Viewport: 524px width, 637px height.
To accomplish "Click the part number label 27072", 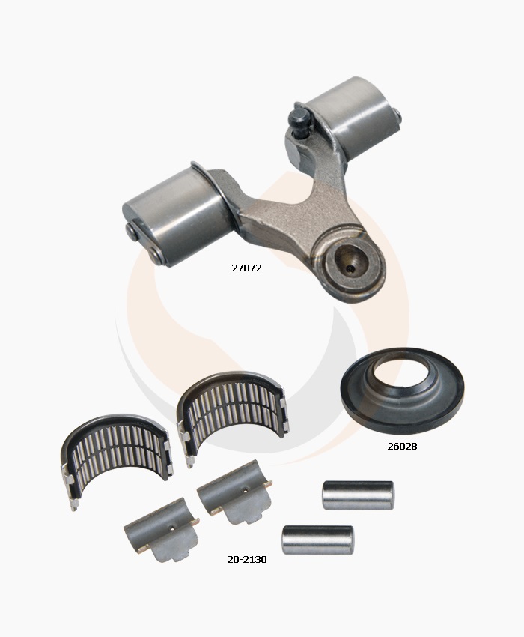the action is coord(246,268).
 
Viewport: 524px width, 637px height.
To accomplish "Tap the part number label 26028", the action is coord(402,446).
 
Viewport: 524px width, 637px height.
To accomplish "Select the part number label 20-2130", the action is coord(247,559).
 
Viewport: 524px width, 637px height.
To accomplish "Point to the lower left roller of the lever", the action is coord(177,216).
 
